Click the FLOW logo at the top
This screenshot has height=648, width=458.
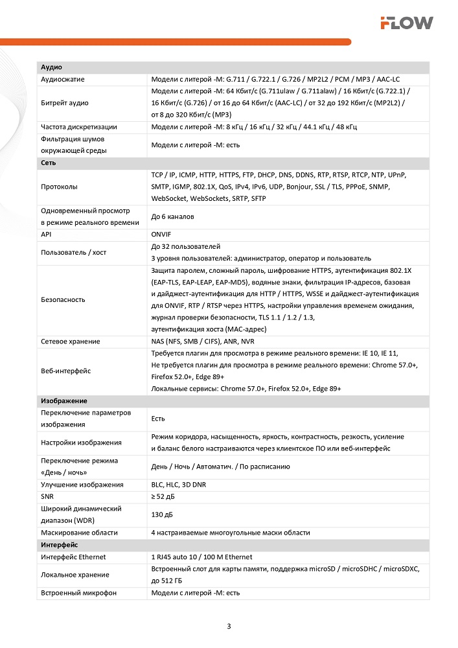tap(406, 23)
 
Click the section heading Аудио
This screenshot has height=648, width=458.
tap(51, 67)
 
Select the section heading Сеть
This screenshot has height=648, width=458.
tap(49, 163)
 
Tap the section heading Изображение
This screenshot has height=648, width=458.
tap(64, 401)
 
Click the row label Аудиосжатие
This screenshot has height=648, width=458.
tap(63, 79)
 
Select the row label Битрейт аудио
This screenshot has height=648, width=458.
tap(65, 102)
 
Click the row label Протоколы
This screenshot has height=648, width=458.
tap(59, 187)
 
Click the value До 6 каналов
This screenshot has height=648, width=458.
tap(172, 216)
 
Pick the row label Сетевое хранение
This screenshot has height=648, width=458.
tap(70, 341)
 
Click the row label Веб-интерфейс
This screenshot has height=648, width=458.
tap(65, 371)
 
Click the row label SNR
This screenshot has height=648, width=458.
tap(47, 496)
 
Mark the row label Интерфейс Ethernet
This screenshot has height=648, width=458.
tap(73, 557)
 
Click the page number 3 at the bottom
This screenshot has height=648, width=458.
tap(229, 626)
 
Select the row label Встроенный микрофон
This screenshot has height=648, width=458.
tap(78, 592)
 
